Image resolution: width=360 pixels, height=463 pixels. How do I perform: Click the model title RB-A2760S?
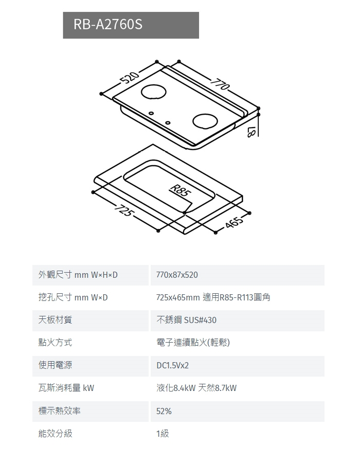108,25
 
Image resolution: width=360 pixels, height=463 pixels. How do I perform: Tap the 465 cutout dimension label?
234,223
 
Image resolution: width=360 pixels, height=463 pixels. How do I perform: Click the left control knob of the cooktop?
151,113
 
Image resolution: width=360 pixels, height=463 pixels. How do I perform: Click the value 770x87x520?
177,275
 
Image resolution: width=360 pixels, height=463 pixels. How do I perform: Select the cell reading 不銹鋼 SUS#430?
186,320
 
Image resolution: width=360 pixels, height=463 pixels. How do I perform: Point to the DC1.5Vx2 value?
173,366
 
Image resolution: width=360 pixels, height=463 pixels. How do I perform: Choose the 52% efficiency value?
164,411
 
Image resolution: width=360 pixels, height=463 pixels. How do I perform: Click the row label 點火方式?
55,343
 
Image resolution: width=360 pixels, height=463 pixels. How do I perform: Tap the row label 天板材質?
55,320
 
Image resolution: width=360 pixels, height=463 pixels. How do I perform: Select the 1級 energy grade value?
163,434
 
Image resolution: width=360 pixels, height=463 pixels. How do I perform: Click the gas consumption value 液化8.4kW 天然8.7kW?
196,388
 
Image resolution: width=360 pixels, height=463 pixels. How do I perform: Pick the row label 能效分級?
55,434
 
